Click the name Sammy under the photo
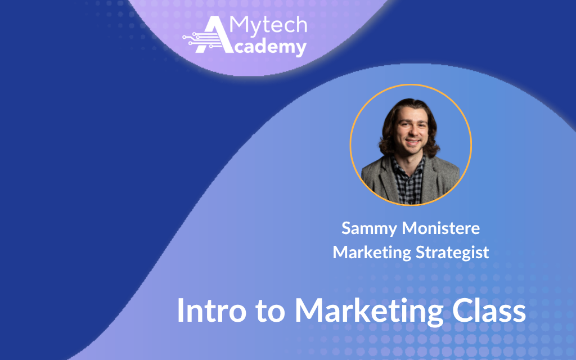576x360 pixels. pyautogui.click(x=369, y=229)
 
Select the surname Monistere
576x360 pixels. pyautogui.click(x=441, y=228)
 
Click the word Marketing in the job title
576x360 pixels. pyautogui.click(x=372, y=253)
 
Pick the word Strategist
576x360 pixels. pyautogui.click(x=452, y=253)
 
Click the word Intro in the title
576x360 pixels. pyautogui.click(x=211, y=310)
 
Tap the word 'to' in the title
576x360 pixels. pyautogui.click(x=271, y=312)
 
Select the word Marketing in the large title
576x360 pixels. pyautogui.click(x=369, y=312)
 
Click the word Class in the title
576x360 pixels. pyautogui.click(x=489, y=310)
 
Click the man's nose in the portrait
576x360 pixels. pyautogui.click(x=412, y=132)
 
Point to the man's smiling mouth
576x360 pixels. pyautogui.click(x=412, y=142)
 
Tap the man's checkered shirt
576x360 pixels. pyautogui.click(x=407, y=181)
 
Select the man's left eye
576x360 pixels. pyautogui.click(x=421, y=124)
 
